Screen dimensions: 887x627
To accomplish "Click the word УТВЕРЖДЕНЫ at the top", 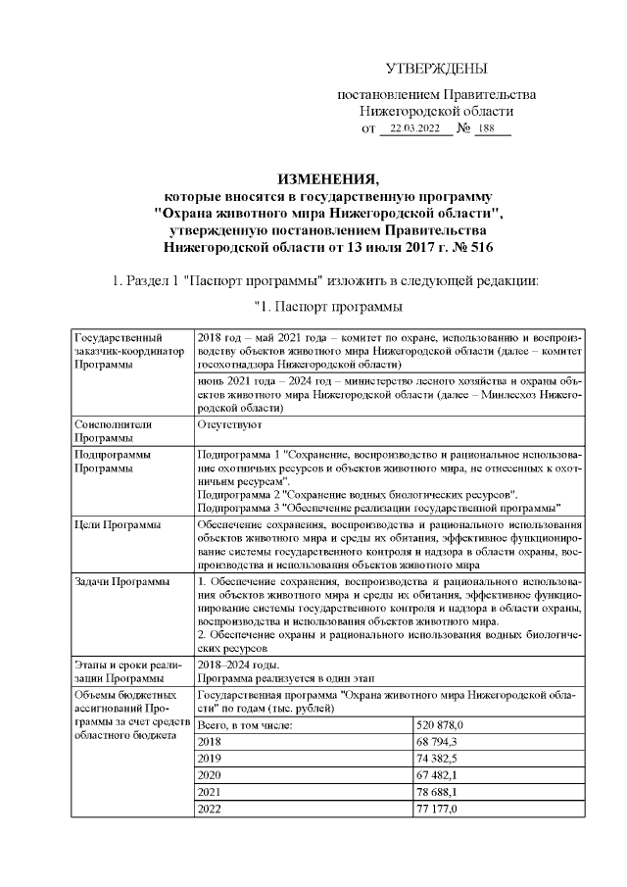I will tap(436, 69).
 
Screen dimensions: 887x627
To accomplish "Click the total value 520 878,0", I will tap(440, 724).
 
